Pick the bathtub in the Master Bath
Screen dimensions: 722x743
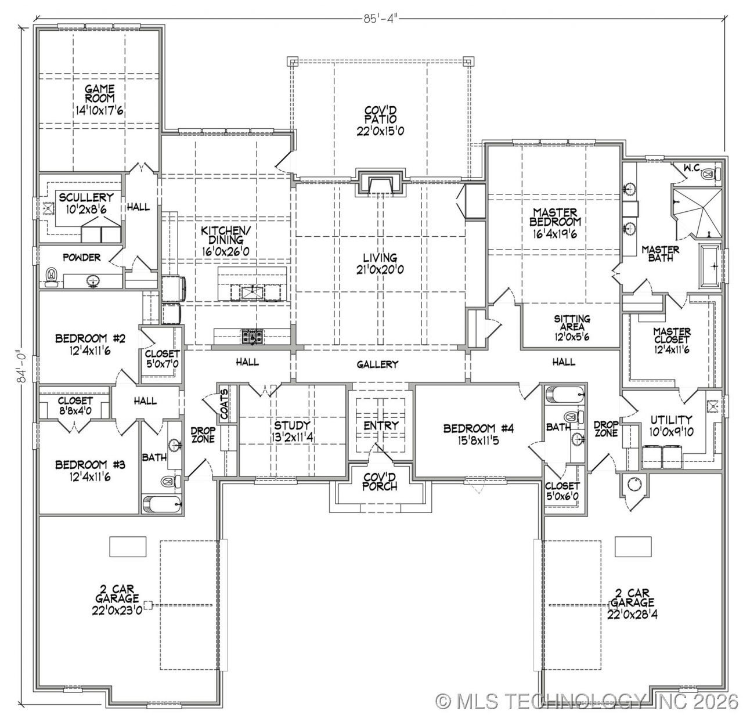click(x=709, y=266)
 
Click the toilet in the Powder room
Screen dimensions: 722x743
click(x=52, y=276)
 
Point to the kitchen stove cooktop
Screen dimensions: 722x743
click(x=252, y=335)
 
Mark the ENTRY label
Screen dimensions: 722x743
click(x=381, y=425)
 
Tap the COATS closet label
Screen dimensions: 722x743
click(x=224, y=404)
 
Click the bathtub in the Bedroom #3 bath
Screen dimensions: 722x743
click(x=161, y=503)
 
